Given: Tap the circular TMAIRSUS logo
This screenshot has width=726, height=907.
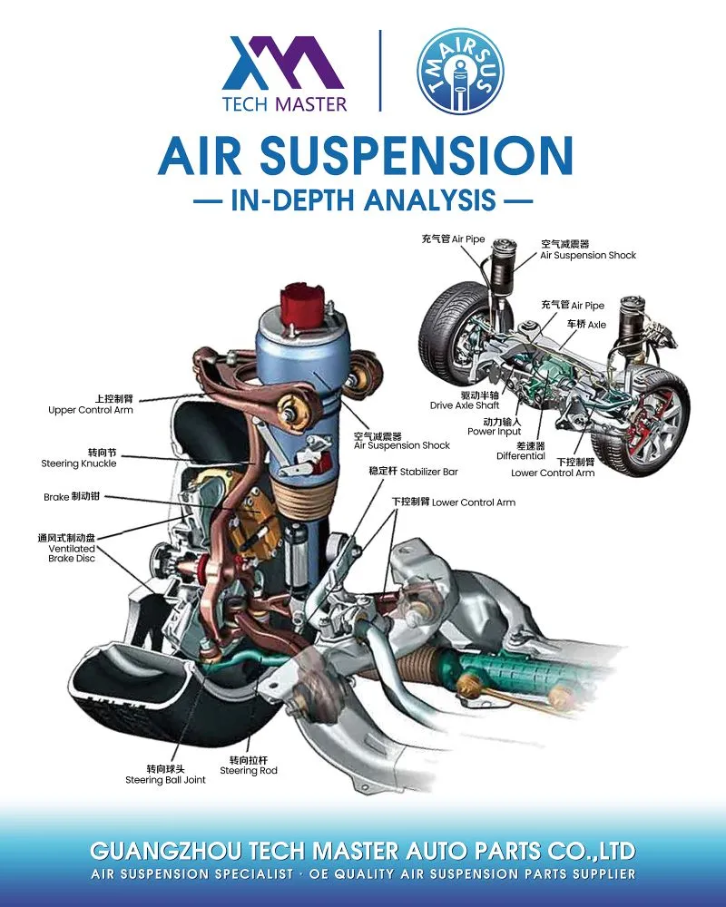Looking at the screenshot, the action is pos(461,71).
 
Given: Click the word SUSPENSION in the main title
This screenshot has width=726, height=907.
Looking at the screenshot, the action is pos(417,155).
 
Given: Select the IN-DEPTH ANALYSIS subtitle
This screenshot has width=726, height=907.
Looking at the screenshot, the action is pos(363,200).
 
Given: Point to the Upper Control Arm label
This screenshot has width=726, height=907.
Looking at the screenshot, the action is pos(91,405).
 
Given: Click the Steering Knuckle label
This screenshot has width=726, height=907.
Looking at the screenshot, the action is pos(79,457).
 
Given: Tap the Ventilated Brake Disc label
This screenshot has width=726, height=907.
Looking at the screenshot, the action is pos(66,548).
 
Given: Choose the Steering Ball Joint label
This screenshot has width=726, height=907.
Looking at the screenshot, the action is pos(165,774).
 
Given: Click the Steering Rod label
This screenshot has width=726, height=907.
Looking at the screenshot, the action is pos(249,766).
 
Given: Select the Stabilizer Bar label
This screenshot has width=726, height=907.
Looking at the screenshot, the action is pos(414,472).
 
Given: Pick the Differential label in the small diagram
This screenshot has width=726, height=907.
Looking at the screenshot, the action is pos(521,451).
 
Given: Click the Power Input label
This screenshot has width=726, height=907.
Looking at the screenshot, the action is pos(495,426).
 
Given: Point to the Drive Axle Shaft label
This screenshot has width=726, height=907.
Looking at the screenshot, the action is pos(465,400).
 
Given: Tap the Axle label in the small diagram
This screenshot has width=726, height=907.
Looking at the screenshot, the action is pos(586,324).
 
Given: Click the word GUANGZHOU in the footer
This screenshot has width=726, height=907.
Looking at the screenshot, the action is pos(166,851).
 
